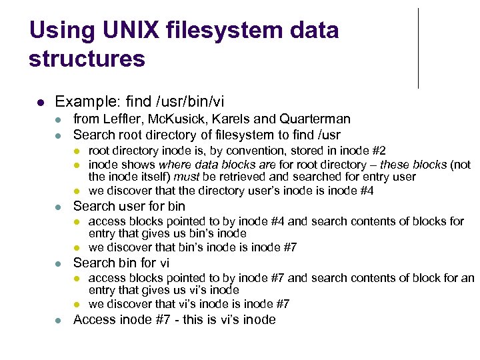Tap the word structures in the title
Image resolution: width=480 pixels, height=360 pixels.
[x=87, y=59]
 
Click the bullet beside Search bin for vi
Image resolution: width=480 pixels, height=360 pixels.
[x=58, y=263]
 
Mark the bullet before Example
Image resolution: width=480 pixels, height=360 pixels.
[x=40, y=103]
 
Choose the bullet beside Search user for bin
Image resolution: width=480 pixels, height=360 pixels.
[x=58, y=207]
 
